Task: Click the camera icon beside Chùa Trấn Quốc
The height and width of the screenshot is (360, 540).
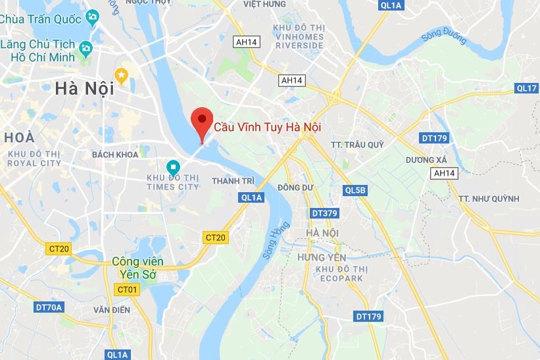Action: [93, 16]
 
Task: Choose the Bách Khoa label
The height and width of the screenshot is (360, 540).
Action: [115, 154]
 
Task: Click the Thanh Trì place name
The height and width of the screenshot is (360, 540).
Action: [233, 180]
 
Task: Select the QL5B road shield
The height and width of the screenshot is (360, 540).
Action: [355, 190]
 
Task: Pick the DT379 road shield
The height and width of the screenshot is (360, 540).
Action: [324, 213]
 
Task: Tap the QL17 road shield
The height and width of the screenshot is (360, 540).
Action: [527, 88]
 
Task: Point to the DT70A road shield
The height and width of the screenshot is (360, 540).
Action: [49, 307]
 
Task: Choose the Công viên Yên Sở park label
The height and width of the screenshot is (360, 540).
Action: [137, 267]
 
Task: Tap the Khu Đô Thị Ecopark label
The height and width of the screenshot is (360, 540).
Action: [339, 274]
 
